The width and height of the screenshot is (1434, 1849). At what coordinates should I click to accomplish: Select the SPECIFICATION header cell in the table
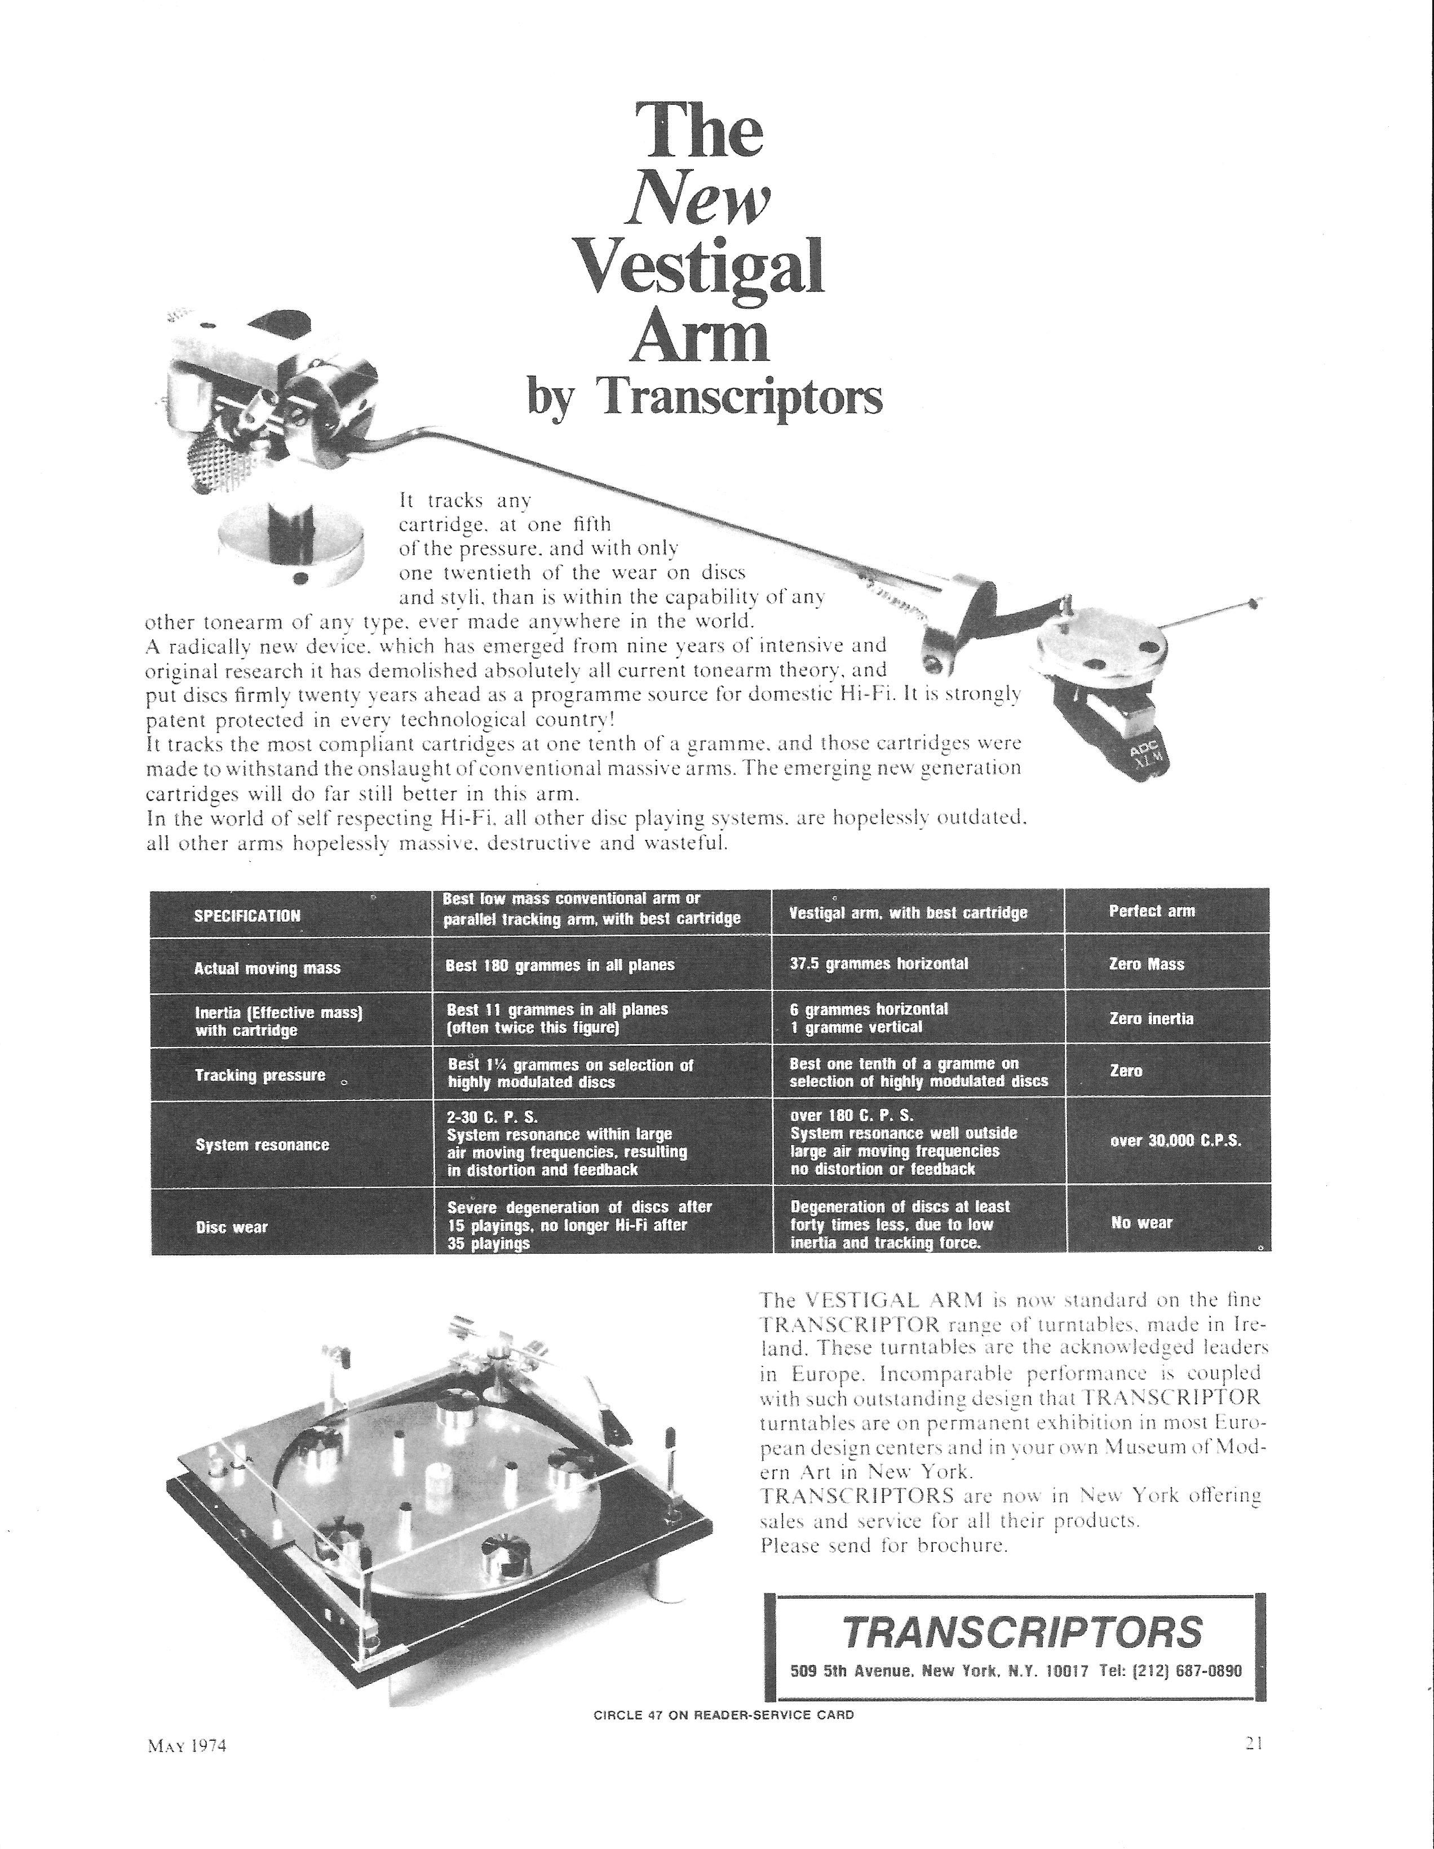pos(247,915)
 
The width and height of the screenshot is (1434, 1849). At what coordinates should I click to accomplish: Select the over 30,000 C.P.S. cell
pos(1175,1140)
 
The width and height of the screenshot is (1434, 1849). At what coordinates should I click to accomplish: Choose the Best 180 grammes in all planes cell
pos(560,965)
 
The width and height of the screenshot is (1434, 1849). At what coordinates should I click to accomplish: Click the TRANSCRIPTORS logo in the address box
pos(1022,1631)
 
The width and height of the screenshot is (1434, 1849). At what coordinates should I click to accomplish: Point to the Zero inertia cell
pos(1151,1019)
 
